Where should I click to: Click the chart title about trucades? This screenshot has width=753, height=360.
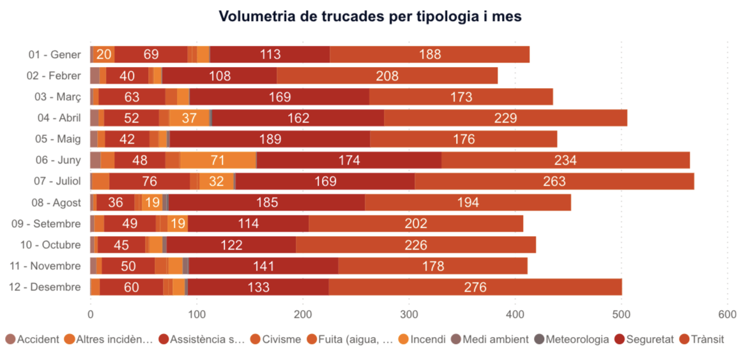click(370, 17)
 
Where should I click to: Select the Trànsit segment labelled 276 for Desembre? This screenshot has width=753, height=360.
click(475, 287)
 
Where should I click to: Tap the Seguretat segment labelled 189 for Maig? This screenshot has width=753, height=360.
click(270, 139)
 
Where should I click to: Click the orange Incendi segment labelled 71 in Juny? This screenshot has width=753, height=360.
click(219, 160)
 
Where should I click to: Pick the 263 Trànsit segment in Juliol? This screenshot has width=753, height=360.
click(554, 181)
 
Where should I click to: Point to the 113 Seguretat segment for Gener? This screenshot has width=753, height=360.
click(270, 54)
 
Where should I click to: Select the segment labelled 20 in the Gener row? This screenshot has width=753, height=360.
click(104, 54)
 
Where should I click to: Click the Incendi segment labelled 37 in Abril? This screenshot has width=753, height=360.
click(189, 118)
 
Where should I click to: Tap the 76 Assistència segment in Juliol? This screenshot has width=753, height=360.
click(149, 181)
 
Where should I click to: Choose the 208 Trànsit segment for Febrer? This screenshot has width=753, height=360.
click(387, 76)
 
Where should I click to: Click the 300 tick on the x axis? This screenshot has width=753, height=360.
click(409, 314)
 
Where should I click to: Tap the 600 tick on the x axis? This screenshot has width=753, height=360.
click(727, 314)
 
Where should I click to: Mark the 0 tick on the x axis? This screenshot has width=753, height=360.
click(90, 314)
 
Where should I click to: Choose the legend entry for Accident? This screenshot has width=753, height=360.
click(33, 339)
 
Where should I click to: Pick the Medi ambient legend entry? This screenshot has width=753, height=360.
click(489, 339)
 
